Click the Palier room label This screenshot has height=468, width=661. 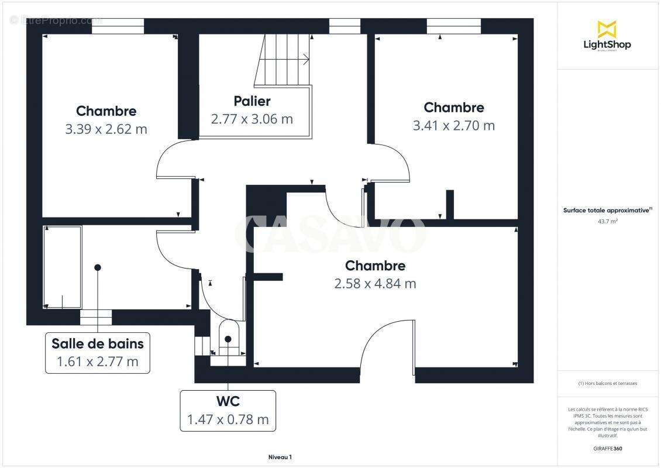(252, 101)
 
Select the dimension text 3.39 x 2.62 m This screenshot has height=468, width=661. (106, 129)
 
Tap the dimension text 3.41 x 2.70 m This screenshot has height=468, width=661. (453, 126)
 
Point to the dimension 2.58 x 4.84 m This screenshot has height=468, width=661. (375, 284)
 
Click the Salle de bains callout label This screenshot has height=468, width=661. (97, 343)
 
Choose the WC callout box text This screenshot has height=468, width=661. (228, 402)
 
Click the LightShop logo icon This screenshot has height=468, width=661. (607, 29)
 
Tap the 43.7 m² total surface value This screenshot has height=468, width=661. (607, 222)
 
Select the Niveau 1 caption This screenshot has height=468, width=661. (280, 457)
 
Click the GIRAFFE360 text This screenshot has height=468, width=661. (607, 449)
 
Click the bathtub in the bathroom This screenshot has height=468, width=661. (62, 267)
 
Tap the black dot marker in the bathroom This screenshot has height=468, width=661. (98, 267)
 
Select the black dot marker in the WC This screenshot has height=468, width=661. (228, 339)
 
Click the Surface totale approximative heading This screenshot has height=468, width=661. (607, 210)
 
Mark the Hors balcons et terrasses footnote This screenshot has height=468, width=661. (607, 384)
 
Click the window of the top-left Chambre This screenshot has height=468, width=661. (118, 26)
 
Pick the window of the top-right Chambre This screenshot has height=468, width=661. (453, 26)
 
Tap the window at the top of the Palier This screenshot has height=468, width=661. (345, 26)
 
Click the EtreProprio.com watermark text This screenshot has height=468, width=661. (56, 20)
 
